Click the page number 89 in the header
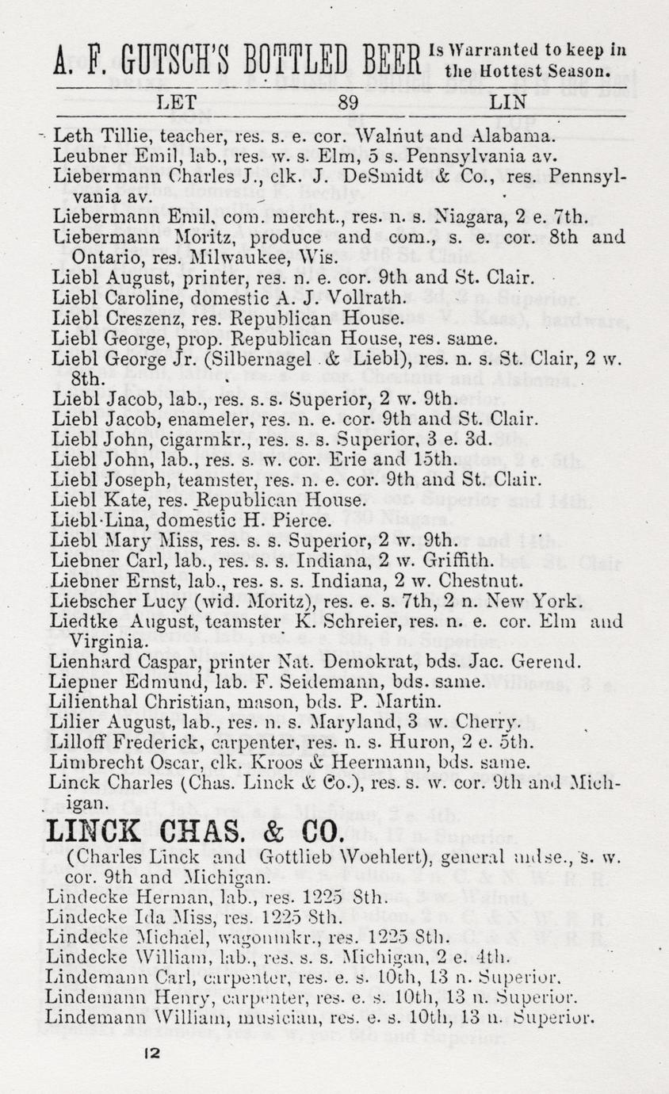(348, 101)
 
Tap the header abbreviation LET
(179, 101)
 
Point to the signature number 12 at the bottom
(154, 1053)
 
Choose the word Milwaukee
(231, 257)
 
